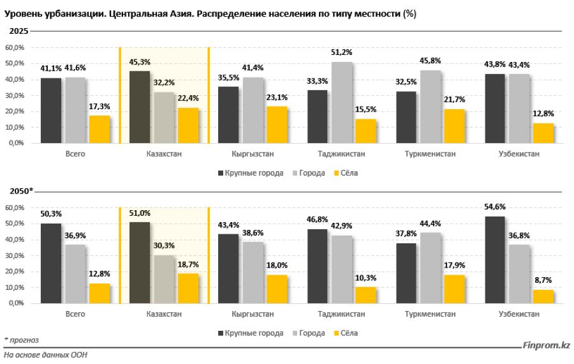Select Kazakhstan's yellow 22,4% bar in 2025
[x=189, y=126]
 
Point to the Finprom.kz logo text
[x=546, y=345]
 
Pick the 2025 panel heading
[x=18, y=32]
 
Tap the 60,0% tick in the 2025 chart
[x=15, y=48]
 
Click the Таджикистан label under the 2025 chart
[x=341, y=155]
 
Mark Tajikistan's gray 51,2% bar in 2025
[x=342, y=102]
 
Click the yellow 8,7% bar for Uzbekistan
[x=543, y=296]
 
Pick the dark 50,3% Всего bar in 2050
[x=51, y=263]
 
